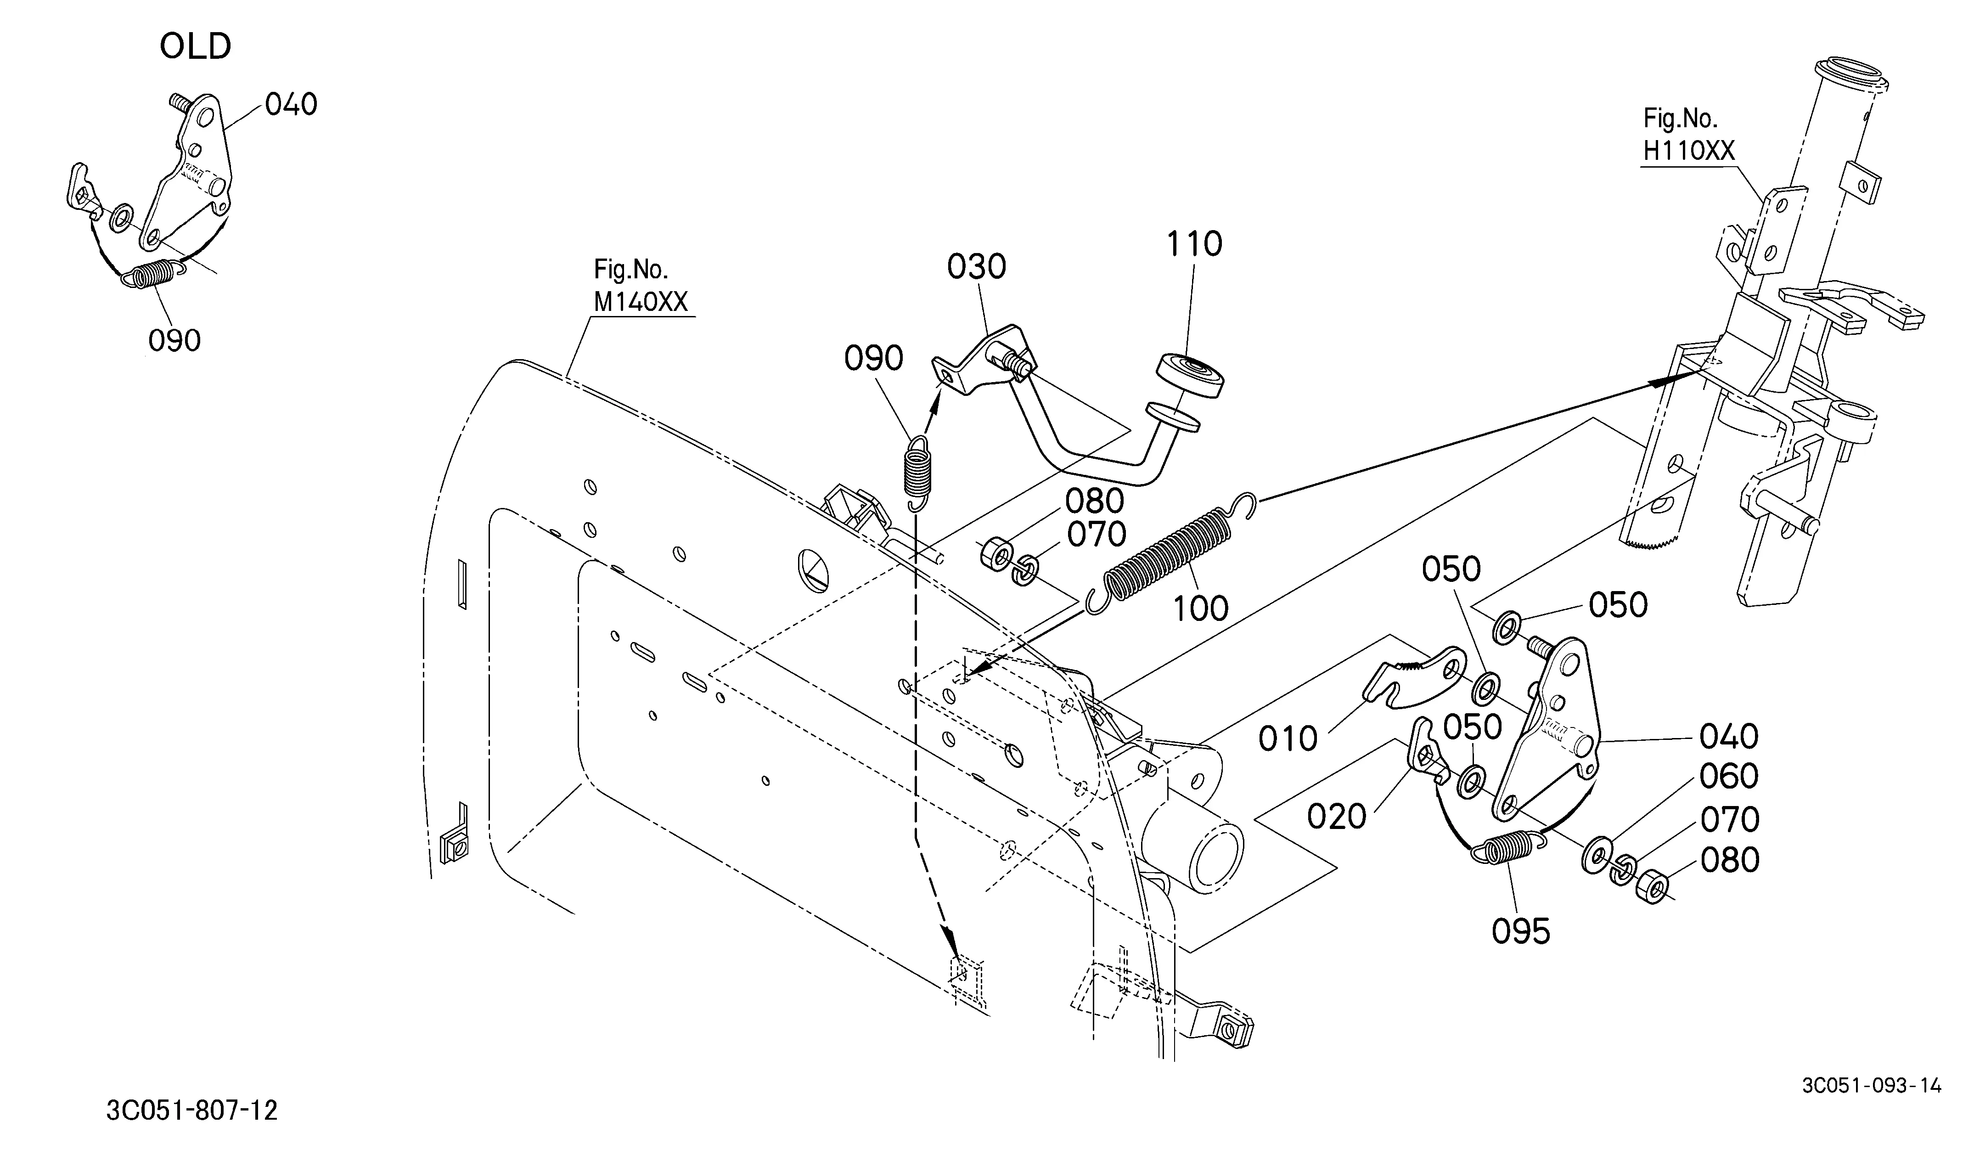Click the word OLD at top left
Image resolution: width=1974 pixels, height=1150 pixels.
[195, 47]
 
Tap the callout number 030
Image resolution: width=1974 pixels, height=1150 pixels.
[976, 267]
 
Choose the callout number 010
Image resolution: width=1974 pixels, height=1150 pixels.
[1288, 738]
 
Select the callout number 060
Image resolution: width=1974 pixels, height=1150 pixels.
[1729, 776]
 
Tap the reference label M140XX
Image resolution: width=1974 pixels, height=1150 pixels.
[640, 302]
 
